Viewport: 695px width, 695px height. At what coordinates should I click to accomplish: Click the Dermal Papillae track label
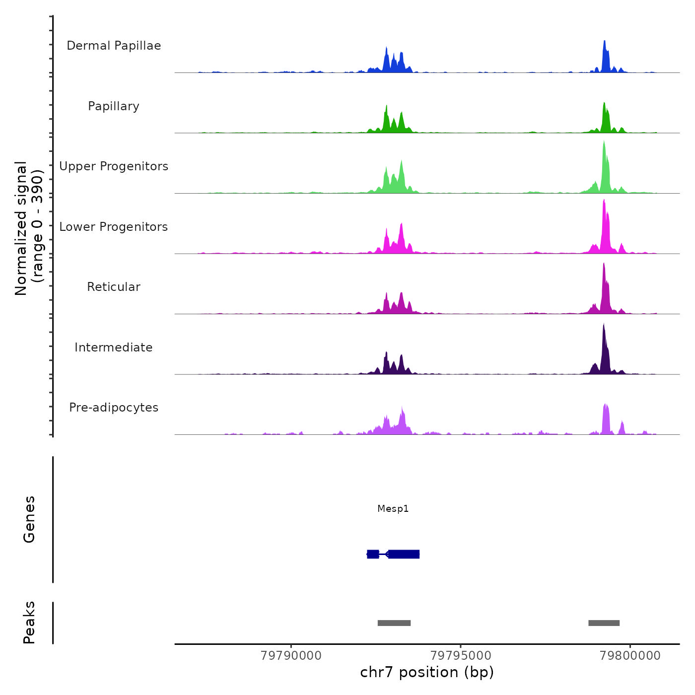[114, 46]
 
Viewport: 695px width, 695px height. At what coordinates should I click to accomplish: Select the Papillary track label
[114, 106]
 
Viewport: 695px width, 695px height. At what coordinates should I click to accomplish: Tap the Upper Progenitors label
[114, 166]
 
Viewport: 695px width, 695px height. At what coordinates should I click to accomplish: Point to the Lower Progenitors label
[114, 227]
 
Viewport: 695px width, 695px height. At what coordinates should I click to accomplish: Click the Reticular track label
[114, 287]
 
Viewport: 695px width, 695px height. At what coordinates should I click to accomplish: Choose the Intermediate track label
[114, 347]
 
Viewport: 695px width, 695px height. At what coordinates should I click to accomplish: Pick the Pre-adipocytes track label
[114, 408]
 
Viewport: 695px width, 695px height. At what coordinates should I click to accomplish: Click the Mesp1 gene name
[393, 509]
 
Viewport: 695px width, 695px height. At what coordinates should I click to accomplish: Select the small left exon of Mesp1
[373, 554]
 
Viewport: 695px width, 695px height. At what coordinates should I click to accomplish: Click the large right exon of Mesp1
[404, 554]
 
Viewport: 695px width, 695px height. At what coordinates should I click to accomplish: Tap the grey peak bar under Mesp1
[394, 623]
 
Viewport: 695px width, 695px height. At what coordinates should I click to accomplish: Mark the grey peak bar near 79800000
[604, 623]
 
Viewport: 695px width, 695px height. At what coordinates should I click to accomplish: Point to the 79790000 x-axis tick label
[291, 656]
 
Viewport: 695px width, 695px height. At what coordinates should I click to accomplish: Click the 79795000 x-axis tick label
[461, 656]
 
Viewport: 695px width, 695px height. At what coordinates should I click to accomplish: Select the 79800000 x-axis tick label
[630, 656]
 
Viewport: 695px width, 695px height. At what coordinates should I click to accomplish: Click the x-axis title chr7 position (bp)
[427, 673]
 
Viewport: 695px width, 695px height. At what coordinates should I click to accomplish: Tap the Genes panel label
[29, 519]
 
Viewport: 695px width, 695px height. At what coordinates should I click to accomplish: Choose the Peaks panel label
[29, 623]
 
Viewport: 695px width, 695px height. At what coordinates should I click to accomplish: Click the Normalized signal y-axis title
[29, 228]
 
